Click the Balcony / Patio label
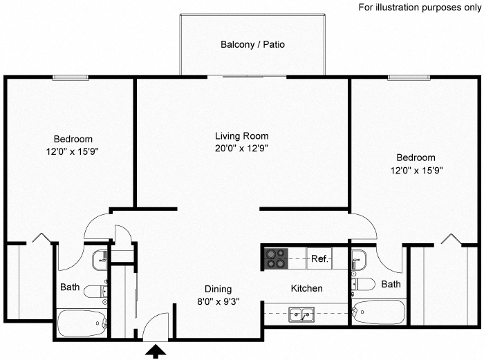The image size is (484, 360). click(x=252, y=44)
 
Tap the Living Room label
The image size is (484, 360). click(x=241, y=136)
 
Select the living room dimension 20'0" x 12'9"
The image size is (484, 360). click(x=241, y=148)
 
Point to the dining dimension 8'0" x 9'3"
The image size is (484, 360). click(x=217, y=301)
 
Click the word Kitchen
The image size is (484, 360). click(x=306, y=288)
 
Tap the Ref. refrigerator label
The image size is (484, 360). click(x=319, y=259)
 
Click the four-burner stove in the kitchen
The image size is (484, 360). click(x=275, y=258)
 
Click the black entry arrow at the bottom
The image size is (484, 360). click(x=158, y=352)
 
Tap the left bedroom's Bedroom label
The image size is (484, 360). click(x=73, y=139)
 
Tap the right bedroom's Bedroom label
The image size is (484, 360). click(x=416, y=158)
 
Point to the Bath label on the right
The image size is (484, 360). click(x=391, y=284)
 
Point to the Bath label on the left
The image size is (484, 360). click(x=70, y=287)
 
